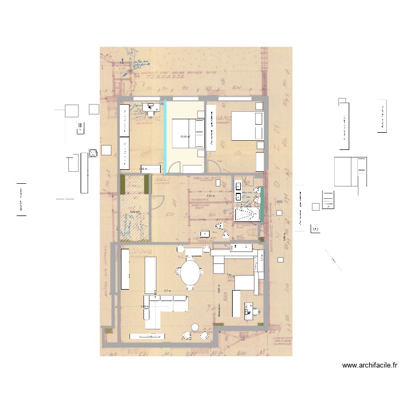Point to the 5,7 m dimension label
167,291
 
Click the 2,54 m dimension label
210,196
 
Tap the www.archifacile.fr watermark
370,365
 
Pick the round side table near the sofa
194,327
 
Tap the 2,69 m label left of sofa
143,307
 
